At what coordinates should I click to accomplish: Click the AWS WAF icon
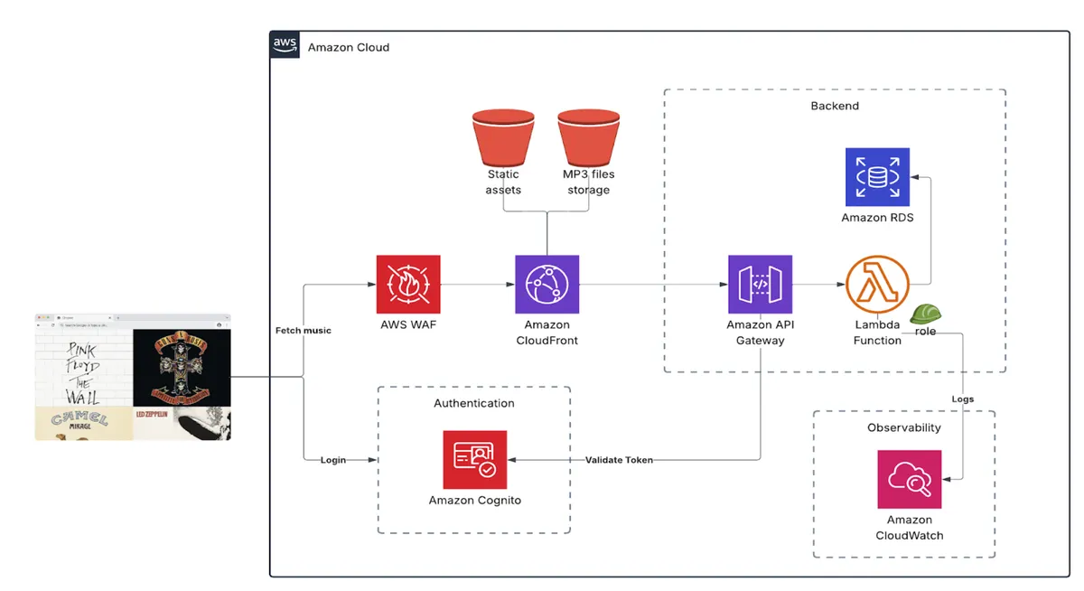(x=408, y=284)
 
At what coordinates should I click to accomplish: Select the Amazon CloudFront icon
(x=547, y=284)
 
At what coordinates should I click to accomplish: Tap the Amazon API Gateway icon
(x=760, y=284)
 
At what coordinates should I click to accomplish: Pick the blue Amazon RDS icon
(x=877, y=177)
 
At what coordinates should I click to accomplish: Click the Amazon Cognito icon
(x=475, y=459)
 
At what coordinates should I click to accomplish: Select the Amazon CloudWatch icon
(x=909, y=479)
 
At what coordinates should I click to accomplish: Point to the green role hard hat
(x=925, y=314)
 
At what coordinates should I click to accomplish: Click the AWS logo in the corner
(x=285, y=45)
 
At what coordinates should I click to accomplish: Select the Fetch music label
(x=303, y=331)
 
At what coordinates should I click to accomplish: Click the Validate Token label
(x=619, y=460)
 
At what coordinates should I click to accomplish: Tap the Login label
(x=333, y=460)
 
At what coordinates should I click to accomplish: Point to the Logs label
(x=962, y=399)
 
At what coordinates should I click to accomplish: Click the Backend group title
(x=835, y=106)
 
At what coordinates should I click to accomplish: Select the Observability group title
(x=903, y=427)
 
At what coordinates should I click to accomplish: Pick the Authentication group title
(x=474, y=403)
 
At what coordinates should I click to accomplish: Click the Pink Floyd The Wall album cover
(x=83, y=367)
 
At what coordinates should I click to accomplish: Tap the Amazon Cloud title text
(x=349, y=47)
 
